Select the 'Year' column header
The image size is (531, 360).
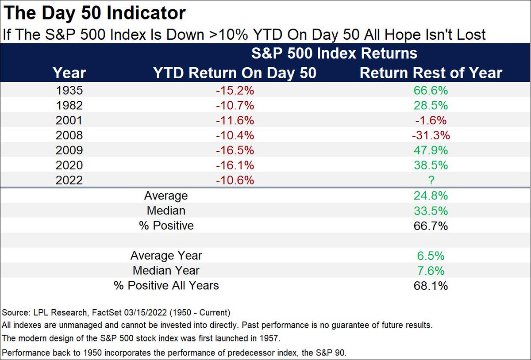click(69, 73)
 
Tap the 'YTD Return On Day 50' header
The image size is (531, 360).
click(235, 73)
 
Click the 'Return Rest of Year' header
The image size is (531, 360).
click(431, 73)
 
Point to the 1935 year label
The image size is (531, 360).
click(69, 90)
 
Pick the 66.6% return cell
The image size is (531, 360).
click(431, 90)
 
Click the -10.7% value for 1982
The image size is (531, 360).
click(235, 105)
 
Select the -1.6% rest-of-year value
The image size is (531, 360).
click(431, 120)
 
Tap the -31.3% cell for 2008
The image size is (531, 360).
click(431, 135)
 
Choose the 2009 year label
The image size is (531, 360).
click(69, 150)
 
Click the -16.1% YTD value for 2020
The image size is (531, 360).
click(235, 165)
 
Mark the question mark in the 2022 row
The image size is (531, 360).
click(431, 180)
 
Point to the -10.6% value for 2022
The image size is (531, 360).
click(235, 180)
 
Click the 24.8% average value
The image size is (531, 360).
click(431, 195)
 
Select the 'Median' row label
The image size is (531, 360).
click(166, 211)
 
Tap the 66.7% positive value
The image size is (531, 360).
click(431, 226)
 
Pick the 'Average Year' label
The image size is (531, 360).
click(166, 256)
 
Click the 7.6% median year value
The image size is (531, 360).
click(431, 271)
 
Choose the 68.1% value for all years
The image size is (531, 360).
click(431, 286)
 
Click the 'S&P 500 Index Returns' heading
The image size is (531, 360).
click(334, 54)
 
